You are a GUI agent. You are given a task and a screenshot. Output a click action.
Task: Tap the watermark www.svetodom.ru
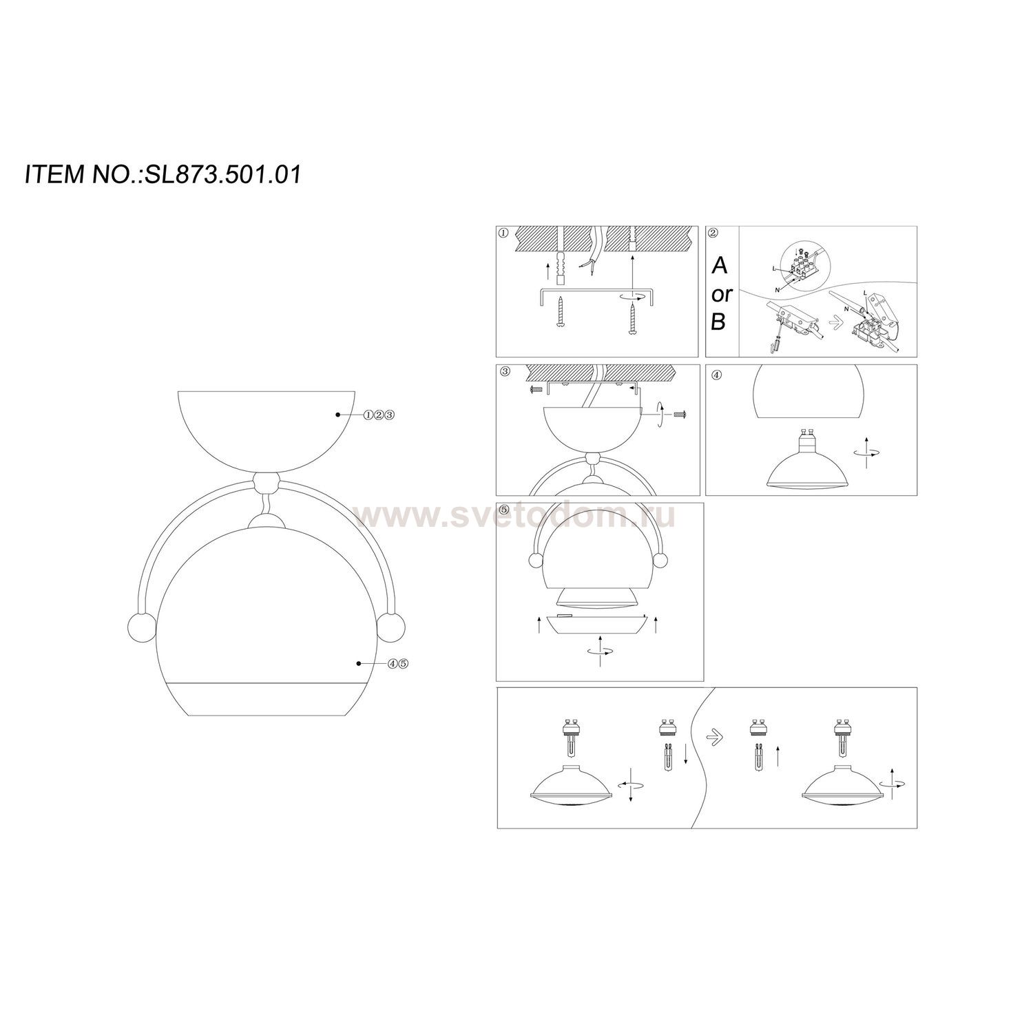tap(514, 516)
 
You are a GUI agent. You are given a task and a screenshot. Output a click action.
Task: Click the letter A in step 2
tap(719, 266)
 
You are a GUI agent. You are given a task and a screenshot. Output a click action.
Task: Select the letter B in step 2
tap(718, 322)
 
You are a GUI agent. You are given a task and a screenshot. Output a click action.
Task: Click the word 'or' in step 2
tap(722, 295)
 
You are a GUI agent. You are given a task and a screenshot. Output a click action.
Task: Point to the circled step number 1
tap(503, 233)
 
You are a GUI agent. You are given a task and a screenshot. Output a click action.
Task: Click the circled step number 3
tap(505, 372)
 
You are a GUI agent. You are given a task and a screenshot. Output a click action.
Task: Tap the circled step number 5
tap(504, 510)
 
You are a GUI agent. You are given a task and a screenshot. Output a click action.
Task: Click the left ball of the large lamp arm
tap(140, 627)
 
